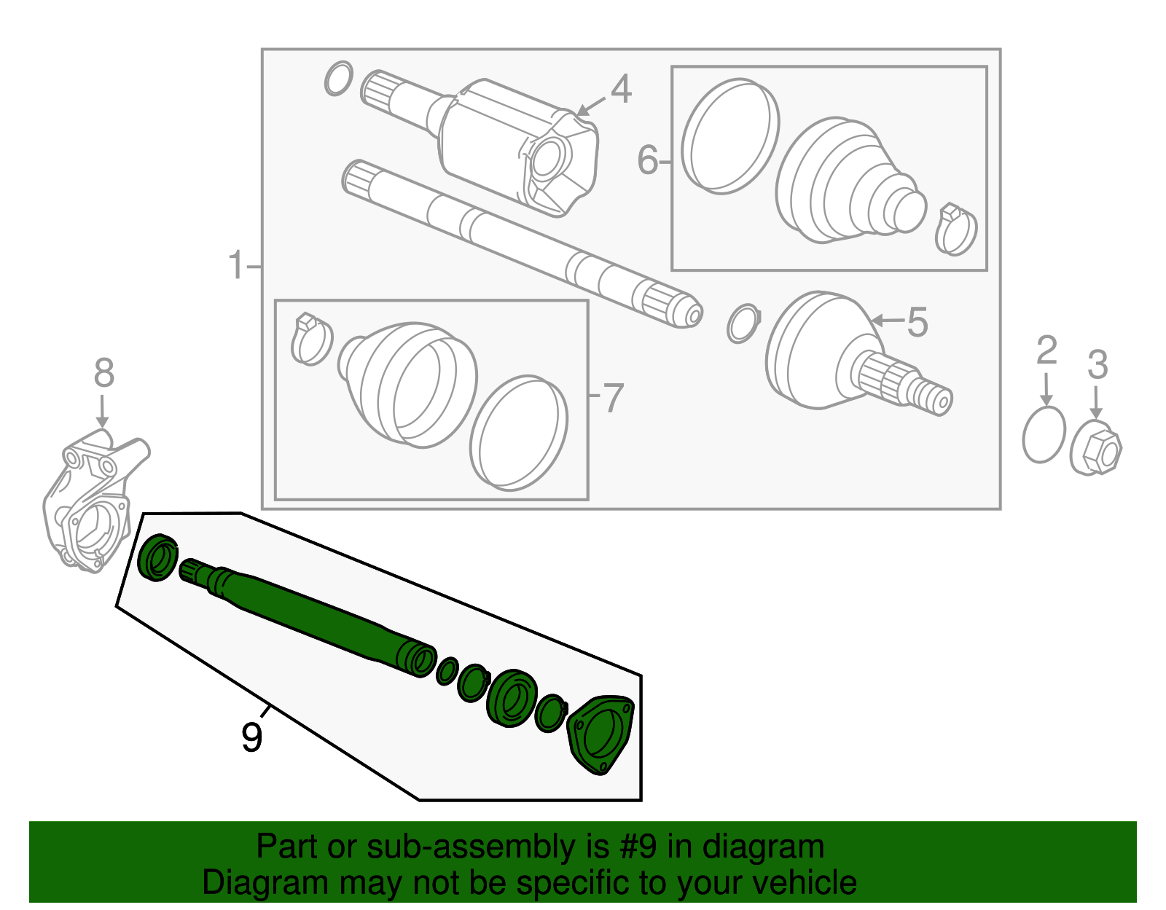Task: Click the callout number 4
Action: coord(621,90)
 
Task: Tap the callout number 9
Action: coord(251,737)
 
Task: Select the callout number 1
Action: coord(235,266)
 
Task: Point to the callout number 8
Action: coord(103,373)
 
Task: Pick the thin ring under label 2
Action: coord(1044,435)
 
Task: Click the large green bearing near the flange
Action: coord(512,698)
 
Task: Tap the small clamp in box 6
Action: coord(955,230)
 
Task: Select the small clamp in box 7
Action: coord(311,339)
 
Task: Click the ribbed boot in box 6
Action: coord(845,182)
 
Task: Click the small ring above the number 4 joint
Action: coord(338,79)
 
